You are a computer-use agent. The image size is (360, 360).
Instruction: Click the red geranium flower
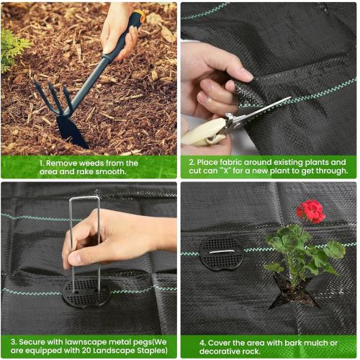point(311,210)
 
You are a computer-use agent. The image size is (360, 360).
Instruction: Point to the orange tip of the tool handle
point(138,15)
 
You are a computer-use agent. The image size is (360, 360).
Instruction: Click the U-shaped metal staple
point(85,238)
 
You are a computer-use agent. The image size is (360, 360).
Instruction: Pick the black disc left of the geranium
point(222,253)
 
